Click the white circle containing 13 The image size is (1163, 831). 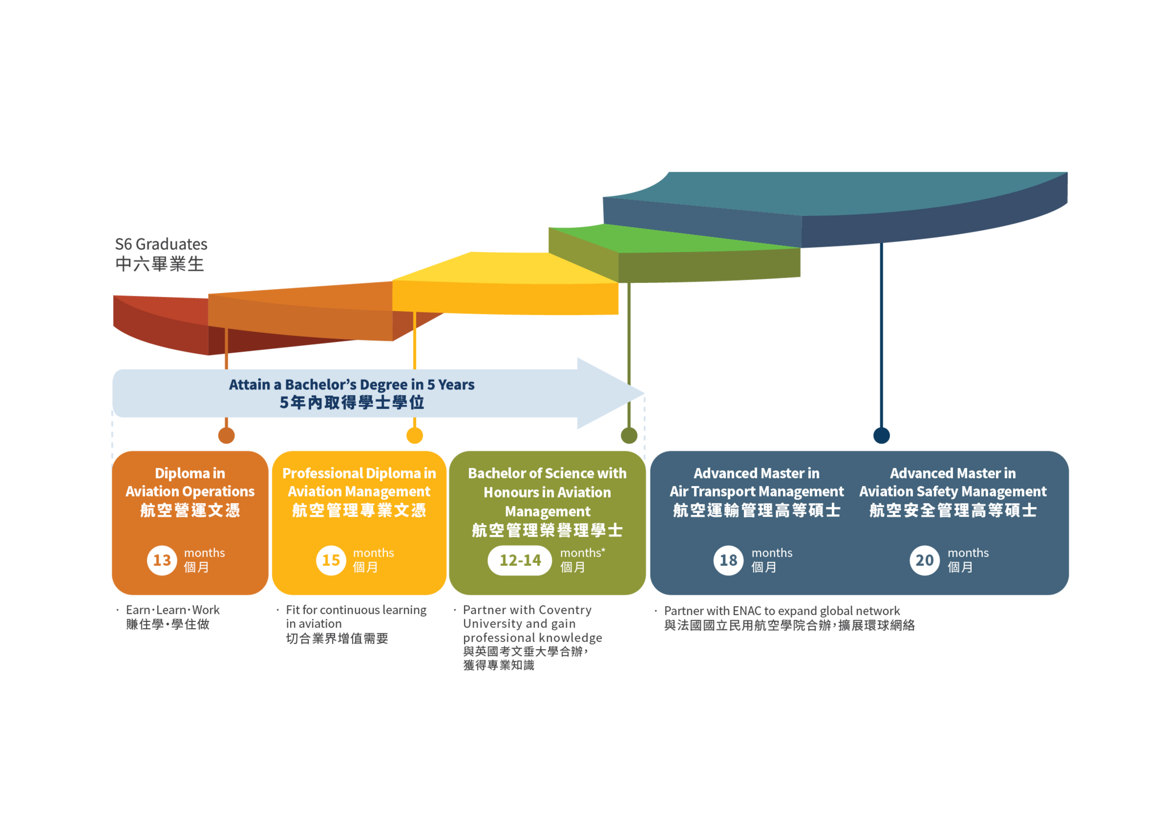pyautogui.click(x=162, y=561)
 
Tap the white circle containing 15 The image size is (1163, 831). pyautogui.click(x=331, y=561)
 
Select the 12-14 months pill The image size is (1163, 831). pyautogui.click(x=520, y=561)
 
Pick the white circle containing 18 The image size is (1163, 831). pyautogui.click(x=729, y=561)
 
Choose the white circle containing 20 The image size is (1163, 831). pyautogui.click(x=924, y=561)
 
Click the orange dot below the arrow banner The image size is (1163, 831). pyautogui.click(x=227, y=436)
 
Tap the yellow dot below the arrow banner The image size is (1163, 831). pyautogui.click(x=415, y=436)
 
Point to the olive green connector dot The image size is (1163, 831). pyautogui.click(x=629, y=436)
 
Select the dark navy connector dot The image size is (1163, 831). pyautogui.click(x=881, y=436)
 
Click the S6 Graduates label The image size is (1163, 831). pyautogui.click(x=161, y=244)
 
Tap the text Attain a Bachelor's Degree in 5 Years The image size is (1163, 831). pyautogui.click(x=352, y=385)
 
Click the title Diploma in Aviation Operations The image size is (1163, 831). pyautogui.click(x=190, y=482)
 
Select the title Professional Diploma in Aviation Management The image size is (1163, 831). pyautogui.click(x=359, y=482)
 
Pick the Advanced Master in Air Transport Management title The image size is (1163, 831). pyautogui.click(x=756, y=482)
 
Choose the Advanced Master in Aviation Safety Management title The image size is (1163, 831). pyautogui.click(x=953, y=482)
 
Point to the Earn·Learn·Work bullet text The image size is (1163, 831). pyautogui.click(x=173, y=610)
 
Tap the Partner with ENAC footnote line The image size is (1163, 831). pyautogui.click(x=782, y=611)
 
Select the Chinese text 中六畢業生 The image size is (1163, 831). pyautogui.click(x=160, y=264)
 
